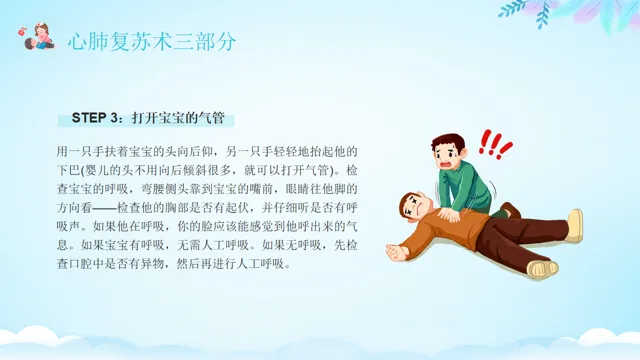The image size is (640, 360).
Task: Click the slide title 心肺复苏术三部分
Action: point(152,42)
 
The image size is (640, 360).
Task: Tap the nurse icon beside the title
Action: point(37,37)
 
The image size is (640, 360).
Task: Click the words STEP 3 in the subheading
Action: point(95,118)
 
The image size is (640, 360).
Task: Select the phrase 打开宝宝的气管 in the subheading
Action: point(178,118)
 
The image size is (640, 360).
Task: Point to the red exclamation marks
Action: point(495,144)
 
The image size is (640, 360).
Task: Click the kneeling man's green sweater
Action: point(464,186)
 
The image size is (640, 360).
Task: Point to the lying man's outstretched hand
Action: point(396,252)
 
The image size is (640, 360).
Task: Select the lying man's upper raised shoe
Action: point(575,225)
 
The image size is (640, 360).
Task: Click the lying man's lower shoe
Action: point(542,268)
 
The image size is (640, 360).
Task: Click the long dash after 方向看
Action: point(104,208)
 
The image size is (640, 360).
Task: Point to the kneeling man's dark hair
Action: point(449,142)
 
